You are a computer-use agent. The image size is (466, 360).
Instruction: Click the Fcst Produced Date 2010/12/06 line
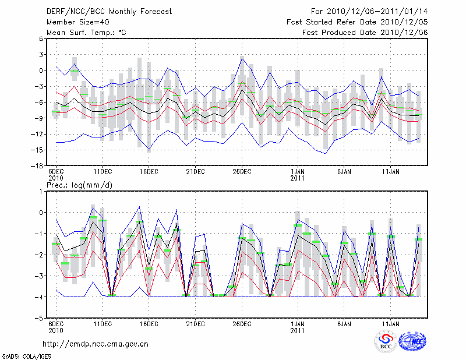coord(365,32)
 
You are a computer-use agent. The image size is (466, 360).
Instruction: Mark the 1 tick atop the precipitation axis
coord(43,191)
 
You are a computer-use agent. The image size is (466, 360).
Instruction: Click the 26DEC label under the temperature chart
coord(242,172)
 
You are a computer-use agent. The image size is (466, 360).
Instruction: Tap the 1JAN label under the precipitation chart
coord(298,323)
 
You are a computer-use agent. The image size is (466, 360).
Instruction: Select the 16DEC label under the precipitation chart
coord(149,323)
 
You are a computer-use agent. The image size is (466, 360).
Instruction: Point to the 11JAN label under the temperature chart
coord(390,172)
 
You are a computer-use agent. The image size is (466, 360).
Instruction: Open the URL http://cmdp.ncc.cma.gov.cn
coord(96,344)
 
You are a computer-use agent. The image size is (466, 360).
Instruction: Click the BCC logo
coord(385,341)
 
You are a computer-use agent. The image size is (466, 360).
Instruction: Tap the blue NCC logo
coord(412,341)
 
